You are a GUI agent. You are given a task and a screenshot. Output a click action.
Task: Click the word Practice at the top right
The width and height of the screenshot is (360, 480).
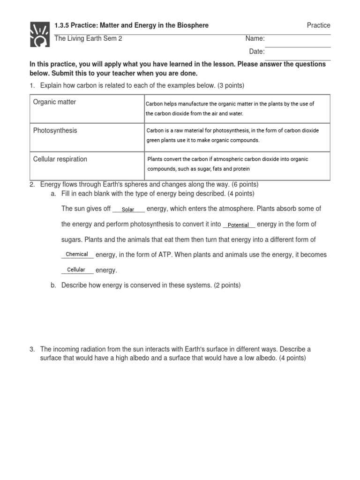click(318, 25)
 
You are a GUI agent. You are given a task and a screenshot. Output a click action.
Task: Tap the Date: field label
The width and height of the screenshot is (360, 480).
click(256, 52)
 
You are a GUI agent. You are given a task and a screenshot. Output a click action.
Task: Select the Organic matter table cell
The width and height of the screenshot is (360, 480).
click(54, 102)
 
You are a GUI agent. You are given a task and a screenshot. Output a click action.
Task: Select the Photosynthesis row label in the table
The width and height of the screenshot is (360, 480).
click(55, 131)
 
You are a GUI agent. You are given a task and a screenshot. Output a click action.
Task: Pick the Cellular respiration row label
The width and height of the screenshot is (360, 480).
click(60, 159)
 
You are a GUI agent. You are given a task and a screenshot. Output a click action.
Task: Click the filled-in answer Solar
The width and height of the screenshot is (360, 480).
click(128, 210)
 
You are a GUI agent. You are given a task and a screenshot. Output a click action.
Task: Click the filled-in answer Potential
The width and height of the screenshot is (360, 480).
click(238, 225)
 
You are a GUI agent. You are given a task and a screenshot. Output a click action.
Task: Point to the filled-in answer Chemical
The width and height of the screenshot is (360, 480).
click(77, 254)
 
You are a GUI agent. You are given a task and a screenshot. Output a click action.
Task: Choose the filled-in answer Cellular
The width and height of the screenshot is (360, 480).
click(76, 270)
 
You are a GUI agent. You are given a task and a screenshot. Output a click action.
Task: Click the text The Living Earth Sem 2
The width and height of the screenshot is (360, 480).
click(88, 38)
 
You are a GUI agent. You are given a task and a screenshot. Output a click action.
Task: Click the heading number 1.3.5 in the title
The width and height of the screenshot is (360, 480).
click(62, 25)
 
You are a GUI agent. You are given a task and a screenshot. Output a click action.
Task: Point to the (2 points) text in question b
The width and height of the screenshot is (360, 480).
click(227, 285)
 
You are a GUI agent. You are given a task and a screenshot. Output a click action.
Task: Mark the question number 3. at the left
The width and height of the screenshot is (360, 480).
click(32, 349)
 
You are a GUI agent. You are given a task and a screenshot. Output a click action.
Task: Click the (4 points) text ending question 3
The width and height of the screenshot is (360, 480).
click(292, 358)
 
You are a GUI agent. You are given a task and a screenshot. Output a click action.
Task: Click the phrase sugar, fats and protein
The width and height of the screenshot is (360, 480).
click(222, 169)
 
